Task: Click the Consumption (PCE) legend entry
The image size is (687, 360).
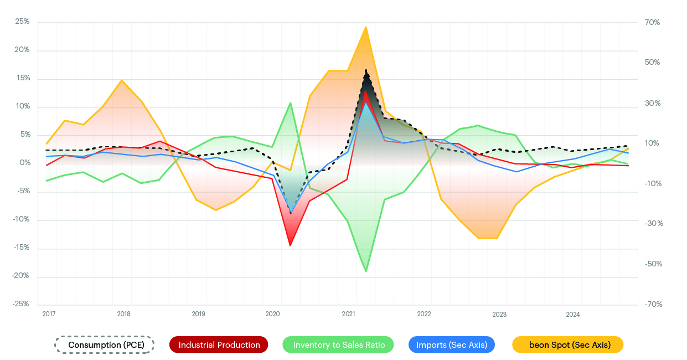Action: pyautogui.click(x=104, y=344)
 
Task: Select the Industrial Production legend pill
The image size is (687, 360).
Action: pyautogui.click(x=219, y=344)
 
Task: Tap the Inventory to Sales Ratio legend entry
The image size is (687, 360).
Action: pyautogui.click(x=338, y=344)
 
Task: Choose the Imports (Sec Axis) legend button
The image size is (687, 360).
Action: pyautogui.click(x=452, y=344)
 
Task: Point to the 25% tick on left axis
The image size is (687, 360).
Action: pyautogui.click(x=22, y=22)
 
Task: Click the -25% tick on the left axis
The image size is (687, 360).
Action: pyautogui.click(x=21, y=304)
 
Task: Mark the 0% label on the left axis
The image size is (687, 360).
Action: pyautogui.click(x=24, y=163)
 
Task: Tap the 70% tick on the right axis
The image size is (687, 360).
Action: pyautogui.click(x=652, y=22)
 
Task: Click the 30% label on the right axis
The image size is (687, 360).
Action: pyautogui.click(x=652, y=103)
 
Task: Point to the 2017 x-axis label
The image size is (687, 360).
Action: pyautogui.click(x=49, y=314)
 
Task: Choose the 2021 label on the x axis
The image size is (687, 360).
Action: pyautogui.click(x=348, y=314)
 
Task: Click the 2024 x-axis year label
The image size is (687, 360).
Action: pyautogui.click(x=572, y=314)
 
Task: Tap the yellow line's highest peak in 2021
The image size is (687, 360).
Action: pyautogui.click(x=366, y=27)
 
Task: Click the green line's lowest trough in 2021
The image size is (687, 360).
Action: pyautogui.click(x=366, y=271)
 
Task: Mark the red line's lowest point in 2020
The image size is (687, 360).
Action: pyautogui.click(x=291, y=245)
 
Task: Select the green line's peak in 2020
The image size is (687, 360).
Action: pyautogui.click(x=291, y=103)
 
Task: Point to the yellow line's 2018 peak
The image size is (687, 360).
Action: pyautogui.click(x=122, y=80)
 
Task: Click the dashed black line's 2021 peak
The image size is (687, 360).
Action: pyautogui.click(x=366, y=70)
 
